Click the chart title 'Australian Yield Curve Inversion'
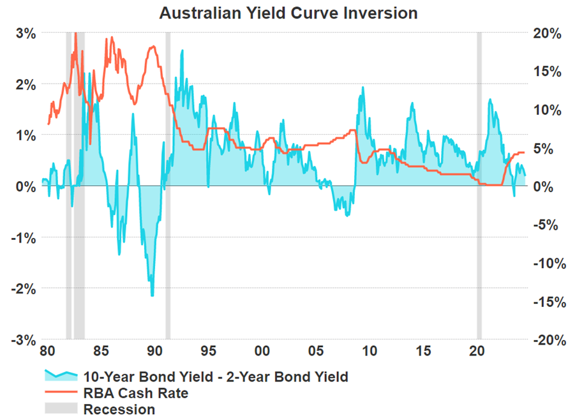(x=288, y=13)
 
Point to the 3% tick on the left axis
(x=26, y=33)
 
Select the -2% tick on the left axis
(x=24, y=288)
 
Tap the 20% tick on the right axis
(x=548, y=33)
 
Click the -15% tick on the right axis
(x=549, y=301)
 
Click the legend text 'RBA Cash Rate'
(x=136, y=393)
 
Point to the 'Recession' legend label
(x=119, y=409)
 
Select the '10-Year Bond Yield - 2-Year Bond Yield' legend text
(x=216, y=377)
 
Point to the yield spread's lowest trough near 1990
(x=152, y=295)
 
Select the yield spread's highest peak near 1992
(x=183, y=50)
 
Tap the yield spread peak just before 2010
(x=362, y=87)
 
